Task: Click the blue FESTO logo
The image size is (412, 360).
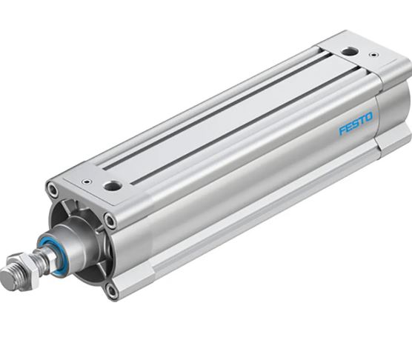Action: pyautogui.click(x=356, y=123)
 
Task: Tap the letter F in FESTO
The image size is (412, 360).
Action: pyautogui.click(x=342, y=130)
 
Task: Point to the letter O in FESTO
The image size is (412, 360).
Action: pyautogui.click(x=369, y=116)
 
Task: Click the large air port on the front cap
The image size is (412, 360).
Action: pyautogui.click(x=113, y=186)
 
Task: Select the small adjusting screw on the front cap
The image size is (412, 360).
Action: pyautogui.click(x=87, y=181)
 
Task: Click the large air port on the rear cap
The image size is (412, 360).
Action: pyautogui.click(x=349, y=51)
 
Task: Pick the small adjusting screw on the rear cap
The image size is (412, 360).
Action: pyautogui.click(x=373, y=55)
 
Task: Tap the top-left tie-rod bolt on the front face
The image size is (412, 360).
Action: pyautogui.click(x=53, y=190)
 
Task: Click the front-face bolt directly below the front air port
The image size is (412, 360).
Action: pyautogui.click(x=110, y=221)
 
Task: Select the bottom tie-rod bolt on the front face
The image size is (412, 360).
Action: pyautogui.click(x=112, y=290)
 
